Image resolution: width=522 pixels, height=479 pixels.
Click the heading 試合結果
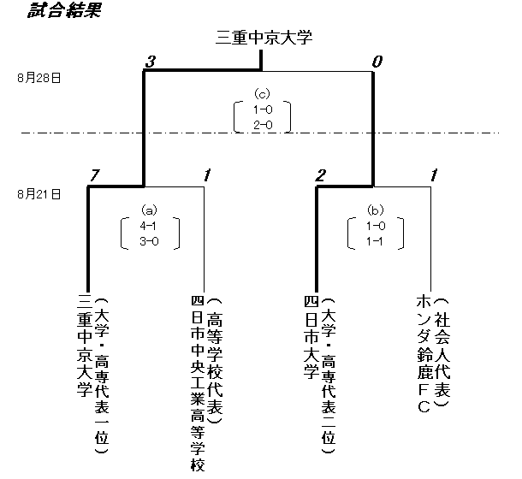[x=53, y=10]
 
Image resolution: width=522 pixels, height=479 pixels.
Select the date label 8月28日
[x=39, y=78]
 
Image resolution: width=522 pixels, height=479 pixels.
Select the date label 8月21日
[x=39, y=194]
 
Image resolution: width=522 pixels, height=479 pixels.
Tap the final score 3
[x=151, y=61]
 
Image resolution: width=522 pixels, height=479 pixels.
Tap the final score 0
[x=376, y=61]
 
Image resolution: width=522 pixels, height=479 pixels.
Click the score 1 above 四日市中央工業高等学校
[x=207, y=176]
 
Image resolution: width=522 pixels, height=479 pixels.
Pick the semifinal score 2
[x=321, y=176]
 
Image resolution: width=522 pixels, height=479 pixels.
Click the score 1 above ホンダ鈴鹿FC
[x=435, y=176]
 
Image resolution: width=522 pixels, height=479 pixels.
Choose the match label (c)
[x=262, y=93]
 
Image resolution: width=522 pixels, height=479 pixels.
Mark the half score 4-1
[x=149, y=226]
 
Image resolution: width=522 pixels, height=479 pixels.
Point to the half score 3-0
[x=149, y=241]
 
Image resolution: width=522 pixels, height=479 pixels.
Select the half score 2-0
[x=262, y=125]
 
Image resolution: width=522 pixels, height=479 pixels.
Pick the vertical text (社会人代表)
[x=442, y=353]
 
